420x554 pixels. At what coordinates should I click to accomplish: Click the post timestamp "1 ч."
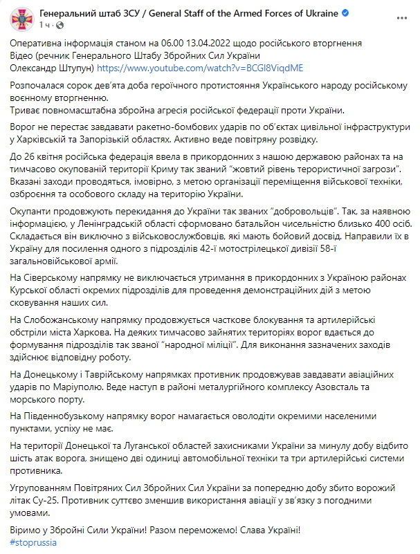(x=45, y=25)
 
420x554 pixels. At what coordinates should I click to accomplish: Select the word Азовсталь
(x=339, y=391)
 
